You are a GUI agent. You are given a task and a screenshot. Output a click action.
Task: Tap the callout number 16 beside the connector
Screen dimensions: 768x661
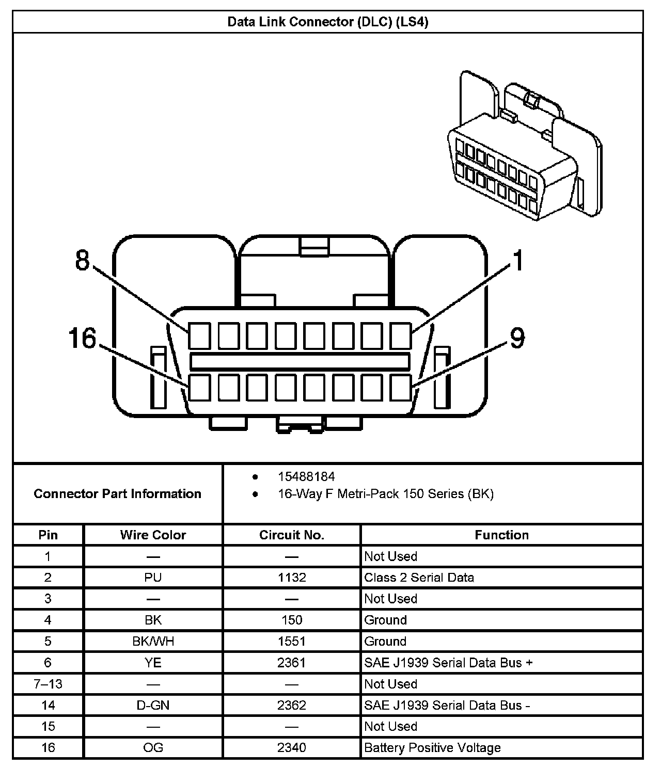(83, 339)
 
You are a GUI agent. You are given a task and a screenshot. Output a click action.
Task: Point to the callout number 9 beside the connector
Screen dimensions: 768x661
(517, 339)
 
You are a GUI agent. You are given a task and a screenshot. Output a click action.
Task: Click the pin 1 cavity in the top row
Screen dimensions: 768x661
(400, 335)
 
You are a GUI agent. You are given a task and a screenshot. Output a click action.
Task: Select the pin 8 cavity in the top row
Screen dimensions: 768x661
(199, 335)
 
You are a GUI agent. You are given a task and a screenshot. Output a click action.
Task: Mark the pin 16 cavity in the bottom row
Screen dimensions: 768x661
(199, 388)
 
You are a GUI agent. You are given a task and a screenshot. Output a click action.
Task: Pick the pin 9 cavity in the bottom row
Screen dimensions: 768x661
(400, 388)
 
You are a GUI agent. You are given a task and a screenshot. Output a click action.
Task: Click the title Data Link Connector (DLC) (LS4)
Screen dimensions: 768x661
(328, 22)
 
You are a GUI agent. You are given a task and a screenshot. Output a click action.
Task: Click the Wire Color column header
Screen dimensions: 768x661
(153, 535)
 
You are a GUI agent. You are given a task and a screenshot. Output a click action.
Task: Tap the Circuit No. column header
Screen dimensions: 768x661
(292, 535)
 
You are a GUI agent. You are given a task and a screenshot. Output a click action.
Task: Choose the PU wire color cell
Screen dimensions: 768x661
(153, 578)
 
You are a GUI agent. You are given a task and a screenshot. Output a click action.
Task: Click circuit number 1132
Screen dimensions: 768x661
(292, 578)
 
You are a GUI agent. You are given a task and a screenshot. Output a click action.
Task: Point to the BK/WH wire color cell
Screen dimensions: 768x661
(153, 642)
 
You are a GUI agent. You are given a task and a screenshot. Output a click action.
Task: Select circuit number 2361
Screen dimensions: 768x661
(292, 663)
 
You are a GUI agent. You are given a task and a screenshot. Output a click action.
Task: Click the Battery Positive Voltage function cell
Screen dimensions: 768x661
(432, 748)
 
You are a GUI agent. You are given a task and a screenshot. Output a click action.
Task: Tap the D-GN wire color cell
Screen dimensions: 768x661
(153, 706)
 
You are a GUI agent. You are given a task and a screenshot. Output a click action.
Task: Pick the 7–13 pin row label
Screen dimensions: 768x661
(48, 684)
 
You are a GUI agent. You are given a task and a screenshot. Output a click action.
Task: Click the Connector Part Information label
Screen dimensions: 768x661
(117, 494)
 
